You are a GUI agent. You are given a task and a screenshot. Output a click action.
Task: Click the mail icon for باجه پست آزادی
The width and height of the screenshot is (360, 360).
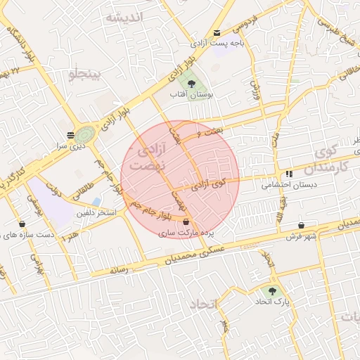point(217,32)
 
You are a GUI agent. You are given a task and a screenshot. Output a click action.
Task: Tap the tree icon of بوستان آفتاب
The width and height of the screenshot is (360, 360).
point(192,83)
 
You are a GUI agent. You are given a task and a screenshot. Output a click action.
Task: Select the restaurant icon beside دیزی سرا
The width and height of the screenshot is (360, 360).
point(70,135)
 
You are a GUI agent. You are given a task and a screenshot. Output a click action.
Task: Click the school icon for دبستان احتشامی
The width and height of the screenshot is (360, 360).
point(288,174)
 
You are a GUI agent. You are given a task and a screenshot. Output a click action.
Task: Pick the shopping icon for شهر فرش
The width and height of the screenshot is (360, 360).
point(302,224)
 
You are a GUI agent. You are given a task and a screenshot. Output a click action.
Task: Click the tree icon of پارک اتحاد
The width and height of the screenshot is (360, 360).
point(271,289)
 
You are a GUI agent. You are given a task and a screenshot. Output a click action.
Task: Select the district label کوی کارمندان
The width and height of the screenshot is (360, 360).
point(330,158)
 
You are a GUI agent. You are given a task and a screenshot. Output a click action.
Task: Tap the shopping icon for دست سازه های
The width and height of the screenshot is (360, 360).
point(22,224)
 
